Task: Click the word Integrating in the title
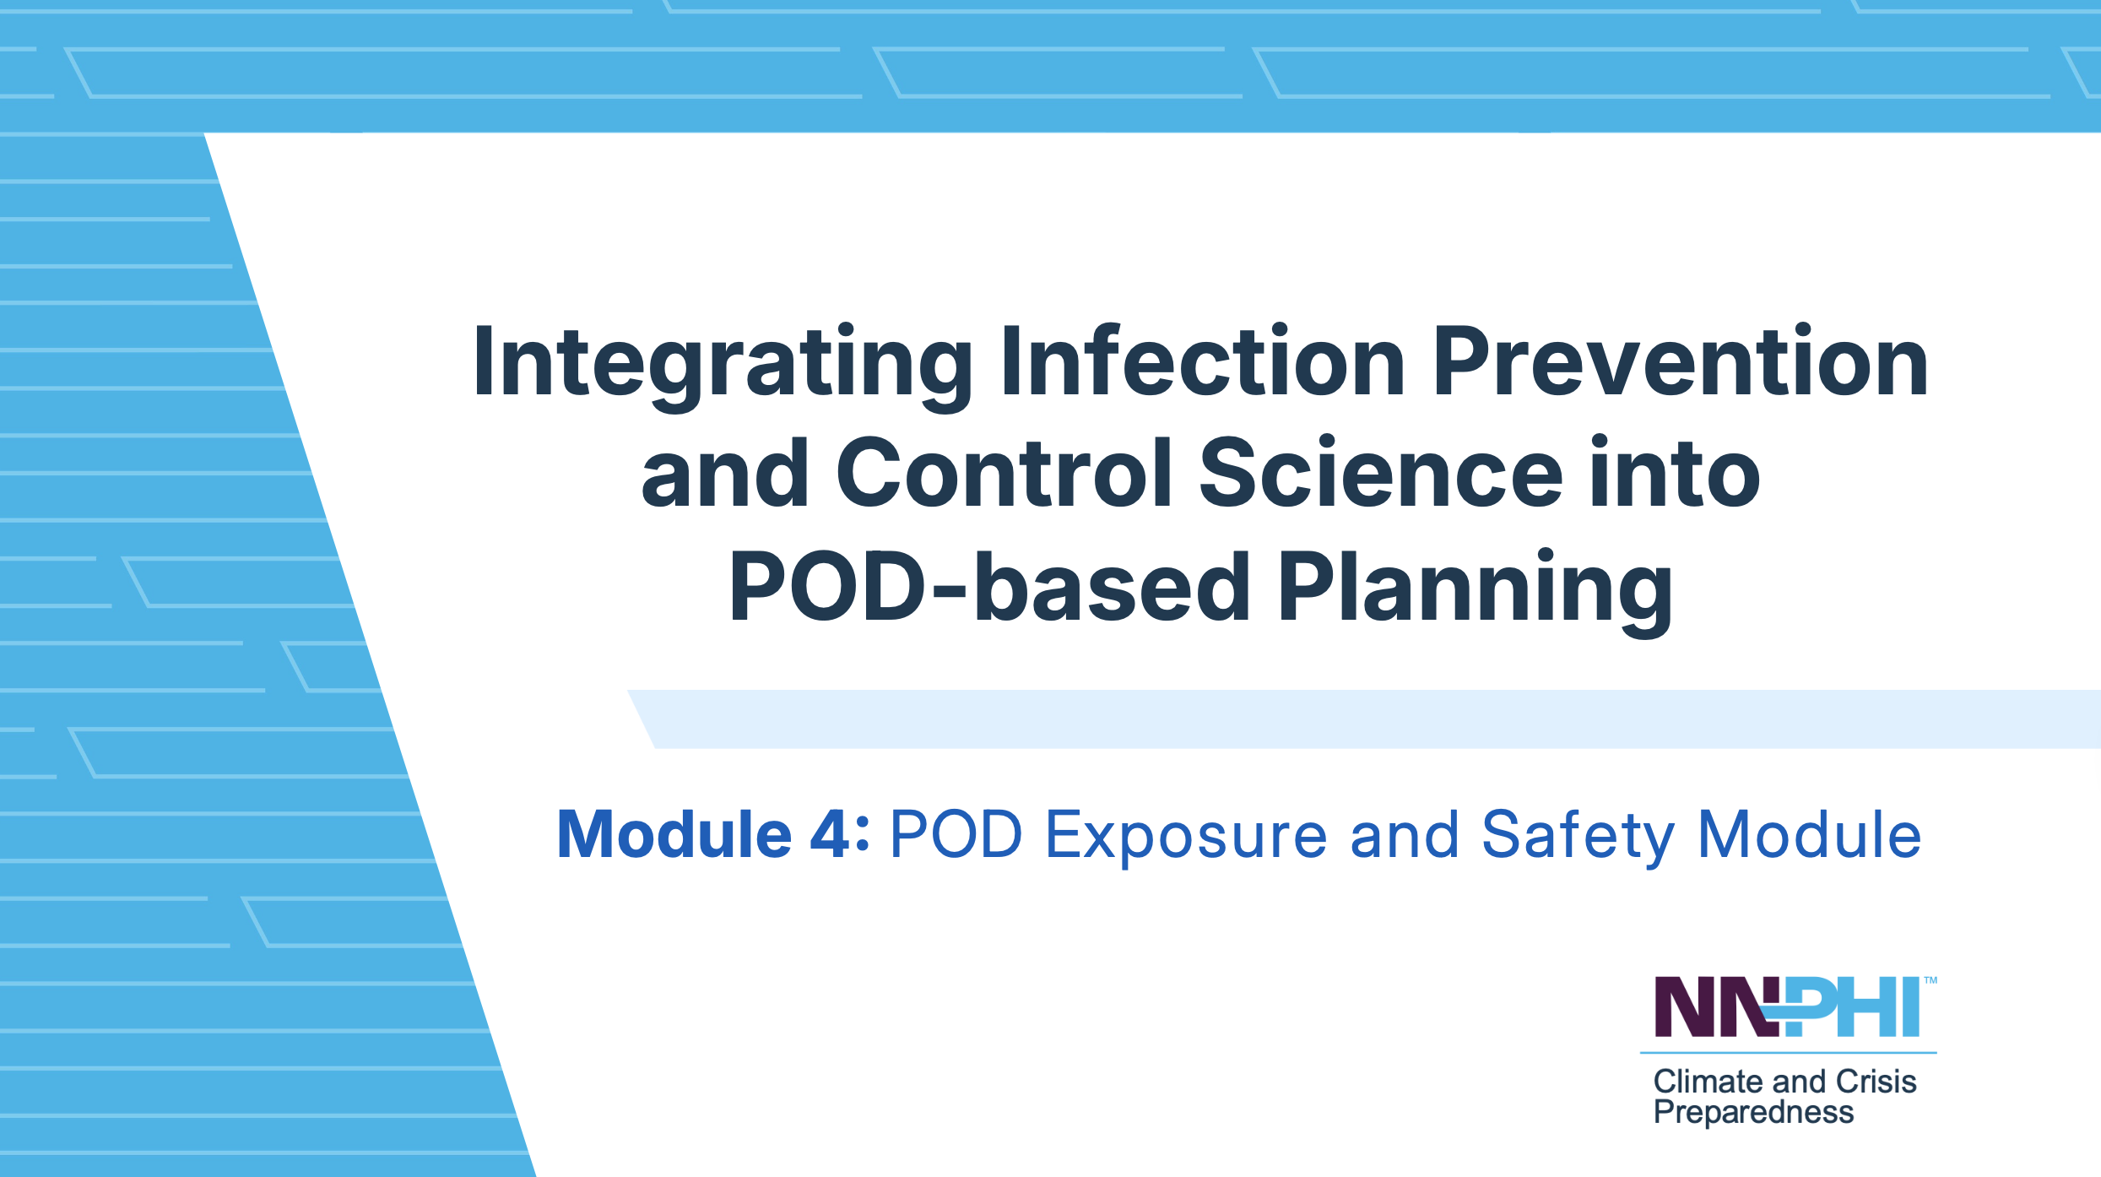click(723, 366)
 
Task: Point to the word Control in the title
click(1004, 472)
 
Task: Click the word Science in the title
click(1381, 472)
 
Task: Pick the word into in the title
click(1676, 472)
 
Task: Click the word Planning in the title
click(1475, 592)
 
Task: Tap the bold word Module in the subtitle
click(674, 834)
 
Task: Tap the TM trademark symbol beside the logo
click(1930, 980)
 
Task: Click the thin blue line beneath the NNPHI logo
click(1788, 1053)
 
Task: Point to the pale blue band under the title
click(1364, 719)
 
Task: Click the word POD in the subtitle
click(957, 834)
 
